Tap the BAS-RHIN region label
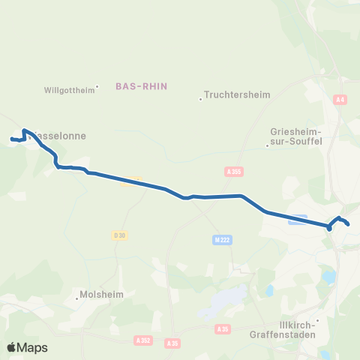click(141, 86)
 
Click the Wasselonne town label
click(60, 136)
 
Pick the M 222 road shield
click(217, 238)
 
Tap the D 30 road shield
click(119, 235)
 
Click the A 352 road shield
click(143, 340)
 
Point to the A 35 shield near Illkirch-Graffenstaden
click(221, 328)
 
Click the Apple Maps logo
click(27, 347)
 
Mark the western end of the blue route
click(11, 139)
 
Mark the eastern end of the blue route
click(349, 223)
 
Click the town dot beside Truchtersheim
click(201, 99)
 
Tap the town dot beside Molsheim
click(77, 298)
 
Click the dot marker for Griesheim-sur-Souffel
click(268, 145)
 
